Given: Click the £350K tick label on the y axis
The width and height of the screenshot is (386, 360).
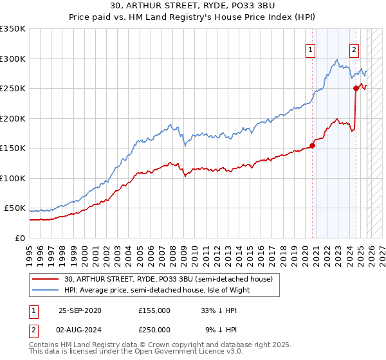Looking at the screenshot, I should pyautogui.click(x=13, y=29).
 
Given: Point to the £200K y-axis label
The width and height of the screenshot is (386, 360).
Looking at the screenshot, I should pyautogui.click(x=13, y=118).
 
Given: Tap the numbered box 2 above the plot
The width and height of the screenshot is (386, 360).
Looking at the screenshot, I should pyautogui.click(x=354, y=50).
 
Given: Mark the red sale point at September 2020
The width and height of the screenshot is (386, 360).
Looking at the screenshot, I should pyautogui.click(x=313, y=145).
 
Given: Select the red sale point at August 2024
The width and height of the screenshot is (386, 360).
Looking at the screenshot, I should pyautogui.click(x=356, y=89).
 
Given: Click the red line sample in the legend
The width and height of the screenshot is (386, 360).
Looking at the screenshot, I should pyautogui.click(x=46, y=279).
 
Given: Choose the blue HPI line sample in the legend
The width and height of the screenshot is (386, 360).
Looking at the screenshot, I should pyautogui.click(x=46, y=290).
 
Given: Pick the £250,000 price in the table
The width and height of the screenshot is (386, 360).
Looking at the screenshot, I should pyautogui.click(x=154, y=330).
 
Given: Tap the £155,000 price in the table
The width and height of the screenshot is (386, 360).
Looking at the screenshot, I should pyautogui.click(x=154, y=310).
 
